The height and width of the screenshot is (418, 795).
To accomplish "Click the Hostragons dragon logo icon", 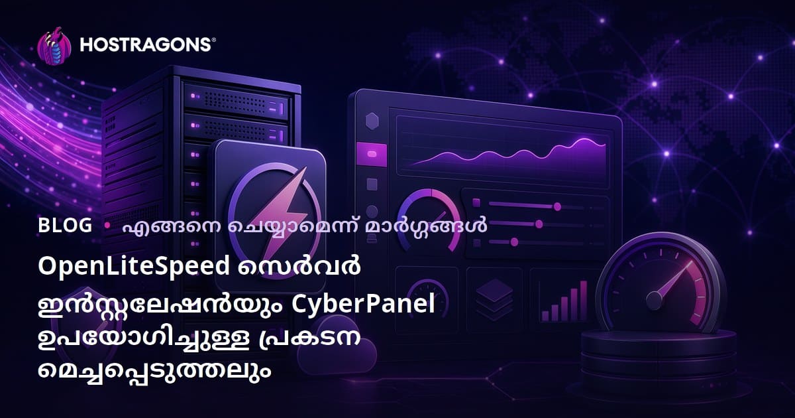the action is (54, 46).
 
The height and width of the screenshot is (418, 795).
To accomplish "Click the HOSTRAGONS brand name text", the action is (146, 45).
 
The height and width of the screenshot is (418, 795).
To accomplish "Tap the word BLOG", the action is (65, 226).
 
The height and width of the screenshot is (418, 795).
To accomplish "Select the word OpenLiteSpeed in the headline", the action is (134, 266).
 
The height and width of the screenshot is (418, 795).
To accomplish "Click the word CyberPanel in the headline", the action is (364, 304).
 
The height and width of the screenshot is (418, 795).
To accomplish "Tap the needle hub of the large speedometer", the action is (654, 301).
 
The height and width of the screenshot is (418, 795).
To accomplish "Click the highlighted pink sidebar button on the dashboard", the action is (372, 154).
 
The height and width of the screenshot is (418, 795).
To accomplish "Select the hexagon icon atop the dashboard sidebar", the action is (372, 121).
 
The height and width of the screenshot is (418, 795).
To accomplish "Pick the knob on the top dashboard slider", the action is (557, 206).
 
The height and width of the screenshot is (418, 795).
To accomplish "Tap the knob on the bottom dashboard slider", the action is (514, 242).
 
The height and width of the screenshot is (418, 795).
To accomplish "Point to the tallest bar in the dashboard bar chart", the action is (584, 301).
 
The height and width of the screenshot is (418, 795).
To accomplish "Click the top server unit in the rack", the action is (237, 101).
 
